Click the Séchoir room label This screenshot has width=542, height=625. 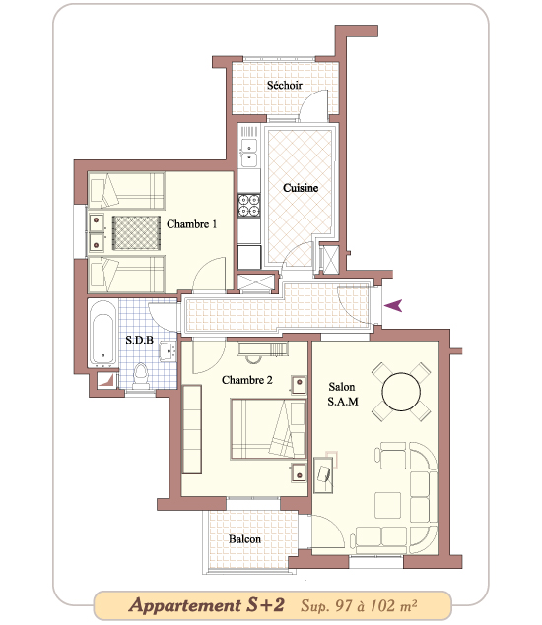pos(284,85)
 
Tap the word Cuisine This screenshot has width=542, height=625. pos(301,188)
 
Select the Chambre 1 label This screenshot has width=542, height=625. pos(191,224)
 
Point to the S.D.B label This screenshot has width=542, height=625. pos(139,340)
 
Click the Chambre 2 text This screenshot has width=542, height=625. pos(247,380)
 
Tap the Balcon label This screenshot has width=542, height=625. pos(244,539)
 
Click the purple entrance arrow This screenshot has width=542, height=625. pos(393,306)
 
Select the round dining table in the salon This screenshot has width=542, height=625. pos(401,392)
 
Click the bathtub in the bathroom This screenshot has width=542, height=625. pos(102,333)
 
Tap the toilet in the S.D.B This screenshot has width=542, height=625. pos(141,375)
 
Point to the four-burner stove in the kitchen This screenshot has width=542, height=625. pos(249,205)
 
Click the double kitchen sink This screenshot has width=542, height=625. pos(249,153)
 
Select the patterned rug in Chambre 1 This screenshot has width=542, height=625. pos(136,233)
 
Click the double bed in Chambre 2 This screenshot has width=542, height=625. pos(268,429)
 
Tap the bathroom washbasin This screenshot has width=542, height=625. pos(169,351)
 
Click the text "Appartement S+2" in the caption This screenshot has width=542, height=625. pos(207,605)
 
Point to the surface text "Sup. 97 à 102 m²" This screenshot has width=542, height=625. pos(359,606)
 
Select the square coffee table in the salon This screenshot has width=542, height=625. pos(387,505)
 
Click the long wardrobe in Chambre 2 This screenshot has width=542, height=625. pos(192,429)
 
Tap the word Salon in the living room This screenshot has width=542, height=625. pos(342,387)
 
